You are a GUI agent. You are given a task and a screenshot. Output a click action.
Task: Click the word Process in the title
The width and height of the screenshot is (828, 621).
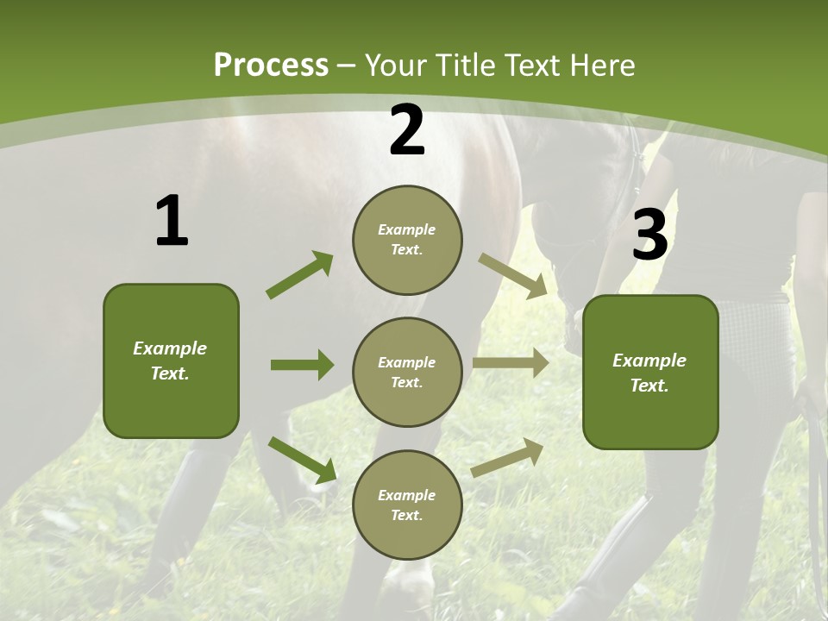271,65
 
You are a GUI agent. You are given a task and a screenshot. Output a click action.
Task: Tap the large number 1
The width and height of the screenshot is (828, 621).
171,222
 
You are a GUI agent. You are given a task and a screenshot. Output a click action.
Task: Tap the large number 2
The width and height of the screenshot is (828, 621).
407,130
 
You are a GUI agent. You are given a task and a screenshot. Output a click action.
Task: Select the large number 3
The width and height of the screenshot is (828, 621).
649,235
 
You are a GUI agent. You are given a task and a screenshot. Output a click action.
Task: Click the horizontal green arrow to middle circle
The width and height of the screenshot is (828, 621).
302,365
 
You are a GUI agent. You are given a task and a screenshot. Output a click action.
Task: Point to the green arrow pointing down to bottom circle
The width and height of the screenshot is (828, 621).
302,459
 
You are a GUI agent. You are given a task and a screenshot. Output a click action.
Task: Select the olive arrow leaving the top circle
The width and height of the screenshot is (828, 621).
513,275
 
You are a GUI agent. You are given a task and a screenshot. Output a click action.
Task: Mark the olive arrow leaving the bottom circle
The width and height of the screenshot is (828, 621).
508,457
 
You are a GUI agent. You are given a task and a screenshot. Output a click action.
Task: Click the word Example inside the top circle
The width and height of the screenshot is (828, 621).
406,229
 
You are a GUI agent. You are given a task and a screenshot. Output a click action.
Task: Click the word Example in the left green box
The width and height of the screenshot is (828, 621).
170,348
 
